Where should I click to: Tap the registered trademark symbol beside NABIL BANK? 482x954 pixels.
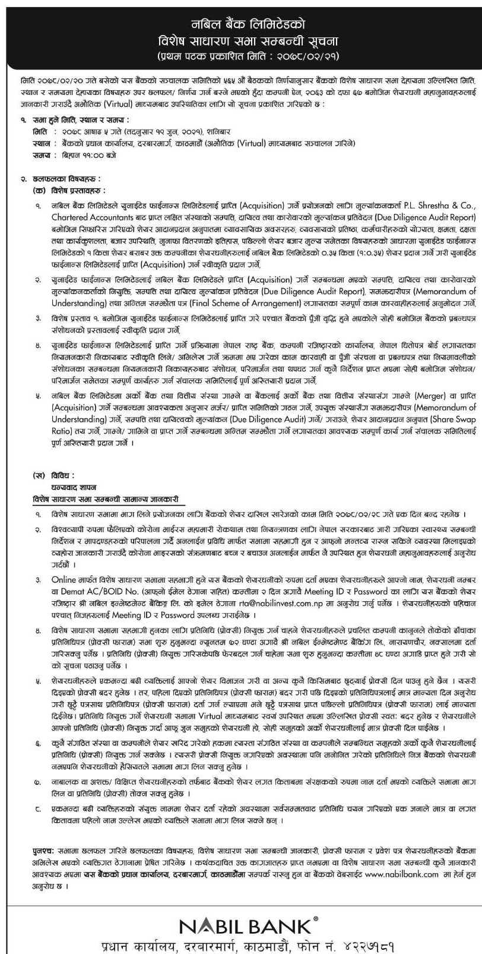coord(315,906)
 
